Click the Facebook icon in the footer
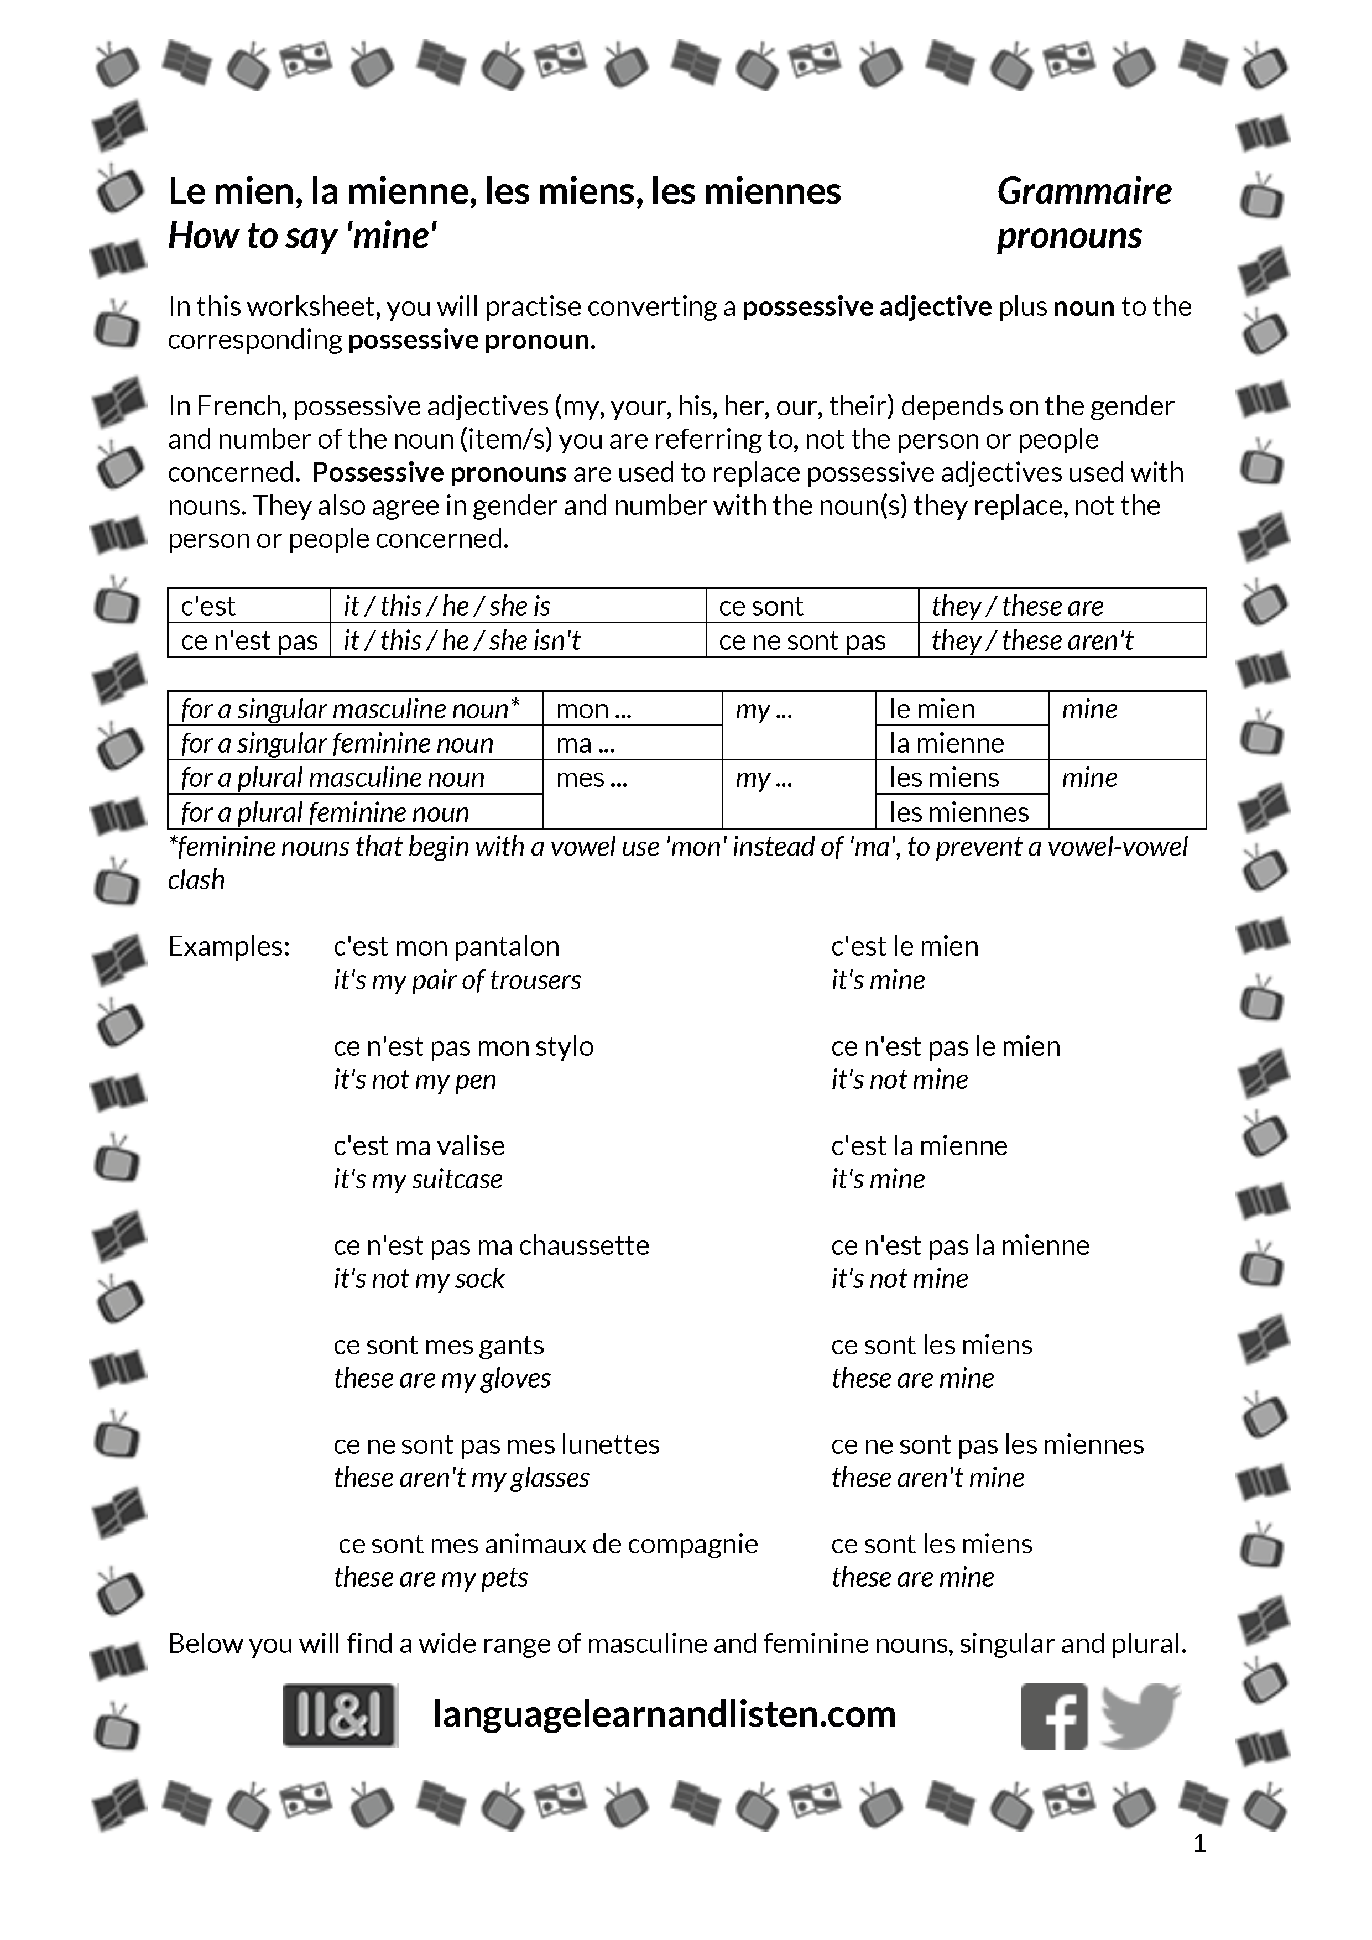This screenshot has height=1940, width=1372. tap(1053, 1716)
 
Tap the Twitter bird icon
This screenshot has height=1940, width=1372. tap(1140, 1715)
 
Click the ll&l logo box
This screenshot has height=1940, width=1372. tap(340, 1715)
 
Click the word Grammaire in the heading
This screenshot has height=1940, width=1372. tap(1084, 192)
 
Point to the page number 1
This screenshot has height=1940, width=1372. tap(1199, 1844)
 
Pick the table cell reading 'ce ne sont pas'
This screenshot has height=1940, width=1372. tap(802, 640)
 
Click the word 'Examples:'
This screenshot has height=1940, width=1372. tap(229, 946)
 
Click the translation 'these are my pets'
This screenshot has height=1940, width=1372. tap(431, 1578)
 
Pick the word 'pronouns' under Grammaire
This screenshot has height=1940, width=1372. tap(1070, 236)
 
